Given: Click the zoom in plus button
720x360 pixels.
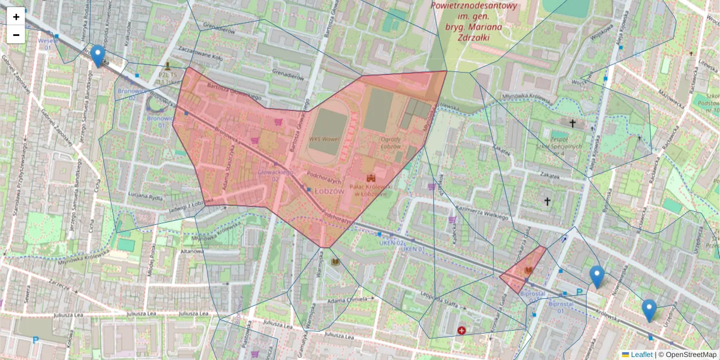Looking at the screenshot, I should pyautogui.click(x=16, y=17).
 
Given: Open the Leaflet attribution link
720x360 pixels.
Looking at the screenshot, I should pyautogui.click(x=641, y=355).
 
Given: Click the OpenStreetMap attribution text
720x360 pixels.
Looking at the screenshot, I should pyautogui.click(x=691, y=355).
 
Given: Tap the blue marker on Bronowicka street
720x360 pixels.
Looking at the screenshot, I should pyautogui.click(x=97, y=56).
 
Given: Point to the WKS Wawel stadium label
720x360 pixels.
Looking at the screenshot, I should pyautogui.click(x=324, y=139).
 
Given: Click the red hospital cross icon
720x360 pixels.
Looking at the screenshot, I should pyautogui.click(x=461, y=331).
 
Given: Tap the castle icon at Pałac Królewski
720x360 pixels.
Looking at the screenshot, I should pyautogui.click(x=371, y=178).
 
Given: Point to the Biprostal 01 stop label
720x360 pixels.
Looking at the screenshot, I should pyautogui.click(x=560, y=307).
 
